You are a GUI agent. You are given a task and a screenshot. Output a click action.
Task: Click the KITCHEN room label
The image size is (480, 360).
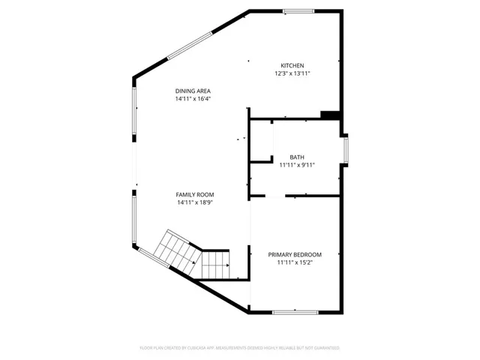[292, 65]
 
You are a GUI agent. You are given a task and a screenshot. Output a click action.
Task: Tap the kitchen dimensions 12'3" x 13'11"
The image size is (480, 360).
[292, 73]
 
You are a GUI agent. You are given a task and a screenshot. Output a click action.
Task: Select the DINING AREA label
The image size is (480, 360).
[193, 91]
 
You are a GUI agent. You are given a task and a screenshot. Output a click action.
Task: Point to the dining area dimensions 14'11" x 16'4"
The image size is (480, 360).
[193, 98]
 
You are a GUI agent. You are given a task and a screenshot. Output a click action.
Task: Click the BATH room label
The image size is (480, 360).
[296, 157]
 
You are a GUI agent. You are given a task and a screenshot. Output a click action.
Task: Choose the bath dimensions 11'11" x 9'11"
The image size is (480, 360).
[296, 165]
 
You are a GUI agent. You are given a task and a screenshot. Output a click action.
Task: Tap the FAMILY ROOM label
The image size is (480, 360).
[196, 194]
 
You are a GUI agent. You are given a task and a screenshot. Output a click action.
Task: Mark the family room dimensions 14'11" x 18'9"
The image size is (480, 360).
[196, 202]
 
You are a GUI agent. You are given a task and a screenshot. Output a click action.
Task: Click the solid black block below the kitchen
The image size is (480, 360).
[331, 115]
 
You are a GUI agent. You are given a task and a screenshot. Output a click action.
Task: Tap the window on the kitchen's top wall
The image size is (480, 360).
[298, 10]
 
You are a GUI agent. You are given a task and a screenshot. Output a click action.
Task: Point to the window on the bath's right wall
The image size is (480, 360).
[346, 149]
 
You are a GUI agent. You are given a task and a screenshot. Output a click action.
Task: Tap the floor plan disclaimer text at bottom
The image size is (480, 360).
[240, 348]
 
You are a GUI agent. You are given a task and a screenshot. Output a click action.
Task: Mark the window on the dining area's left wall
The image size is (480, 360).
[135, 112]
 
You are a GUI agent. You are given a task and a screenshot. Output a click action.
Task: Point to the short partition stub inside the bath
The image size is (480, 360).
[262, 159]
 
